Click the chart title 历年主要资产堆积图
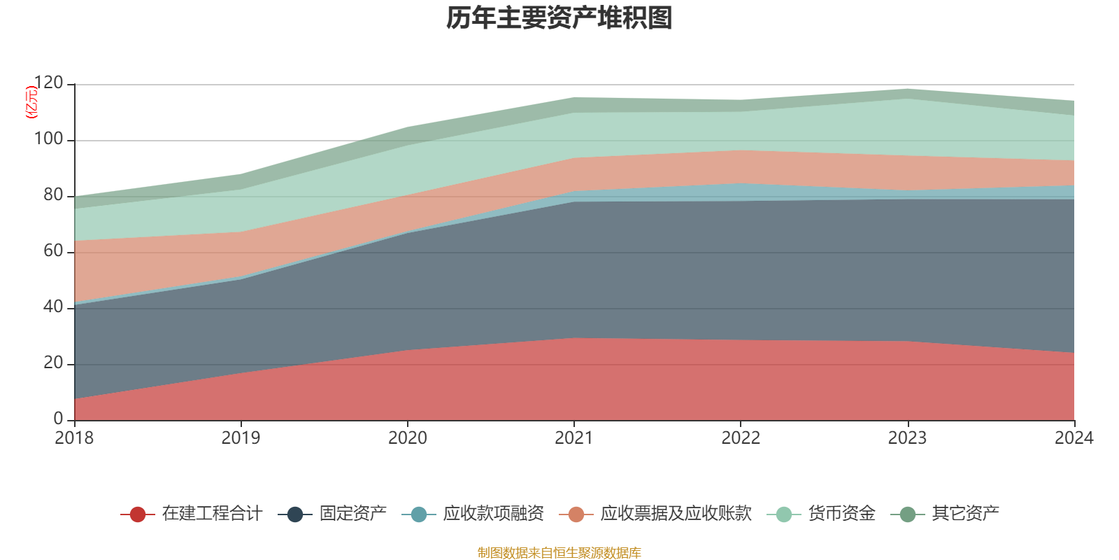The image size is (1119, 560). pyautogui.click(x=559, y=18)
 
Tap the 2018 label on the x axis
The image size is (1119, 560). pyautogui.click(x=74, y=438)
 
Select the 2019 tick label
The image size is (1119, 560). pyautogui.click(x=241, y=438)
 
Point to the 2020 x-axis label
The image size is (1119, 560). pyautogui.click(x=408, y=438)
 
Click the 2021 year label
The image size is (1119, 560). pyautogui.click(x=574, y=438)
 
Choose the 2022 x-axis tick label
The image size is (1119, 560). pyautogui.click(x=741, y=438)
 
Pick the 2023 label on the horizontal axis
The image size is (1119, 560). pyautogui.click(x=907, y=438)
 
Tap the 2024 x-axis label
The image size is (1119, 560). pyautogui.click(x=1074, y=438)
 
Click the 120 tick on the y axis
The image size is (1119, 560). pyautogui.click(x=48, y=83)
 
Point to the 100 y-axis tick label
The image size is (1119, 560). pyautogui.click(x=48, y=139)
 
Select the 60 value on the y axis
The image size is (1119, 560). pyautogui.click(x=53, y=251)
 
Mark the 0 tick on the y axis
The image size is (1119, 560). pyautogui.click(x=58, y=419)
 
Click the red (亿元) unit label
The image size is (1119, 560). pyautogui.click(x=31, y=102)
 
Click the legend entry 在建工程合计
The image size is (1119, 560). pyautogui.click(x=212, y=514)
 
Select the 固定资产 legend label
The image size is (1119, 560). pyautogui.click(x=352, y=514)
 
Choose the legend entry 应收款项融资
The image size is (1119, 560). pyautogui.click(x=493, y=514)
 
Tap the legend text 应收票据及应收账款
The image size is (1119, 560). pyautogui.click(x=676, y=514)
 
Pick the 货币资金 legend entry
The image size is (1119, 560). pyautogui.click(x=841, y=514)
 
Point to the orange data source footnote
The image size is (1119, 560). pyautogui.click(x=559, y=553)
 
